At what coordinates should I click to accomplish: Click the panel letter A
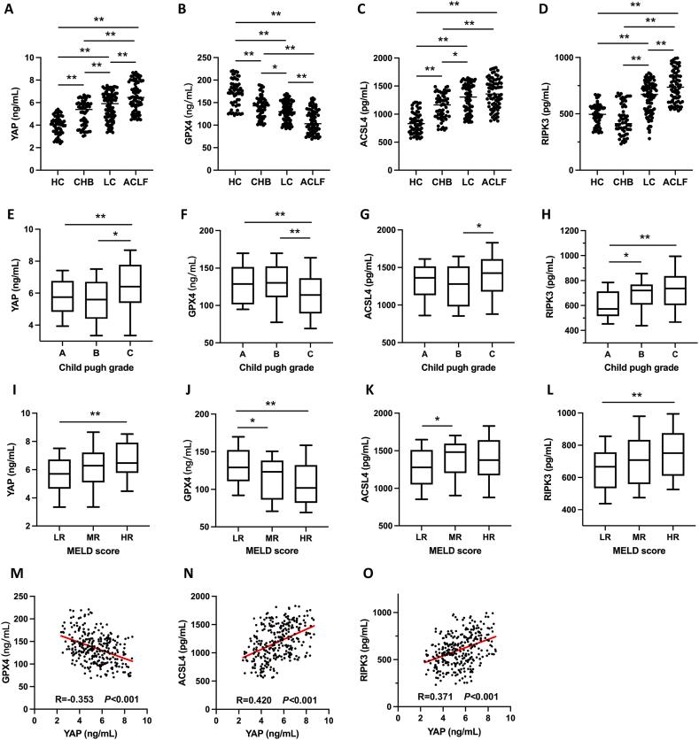7,9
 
